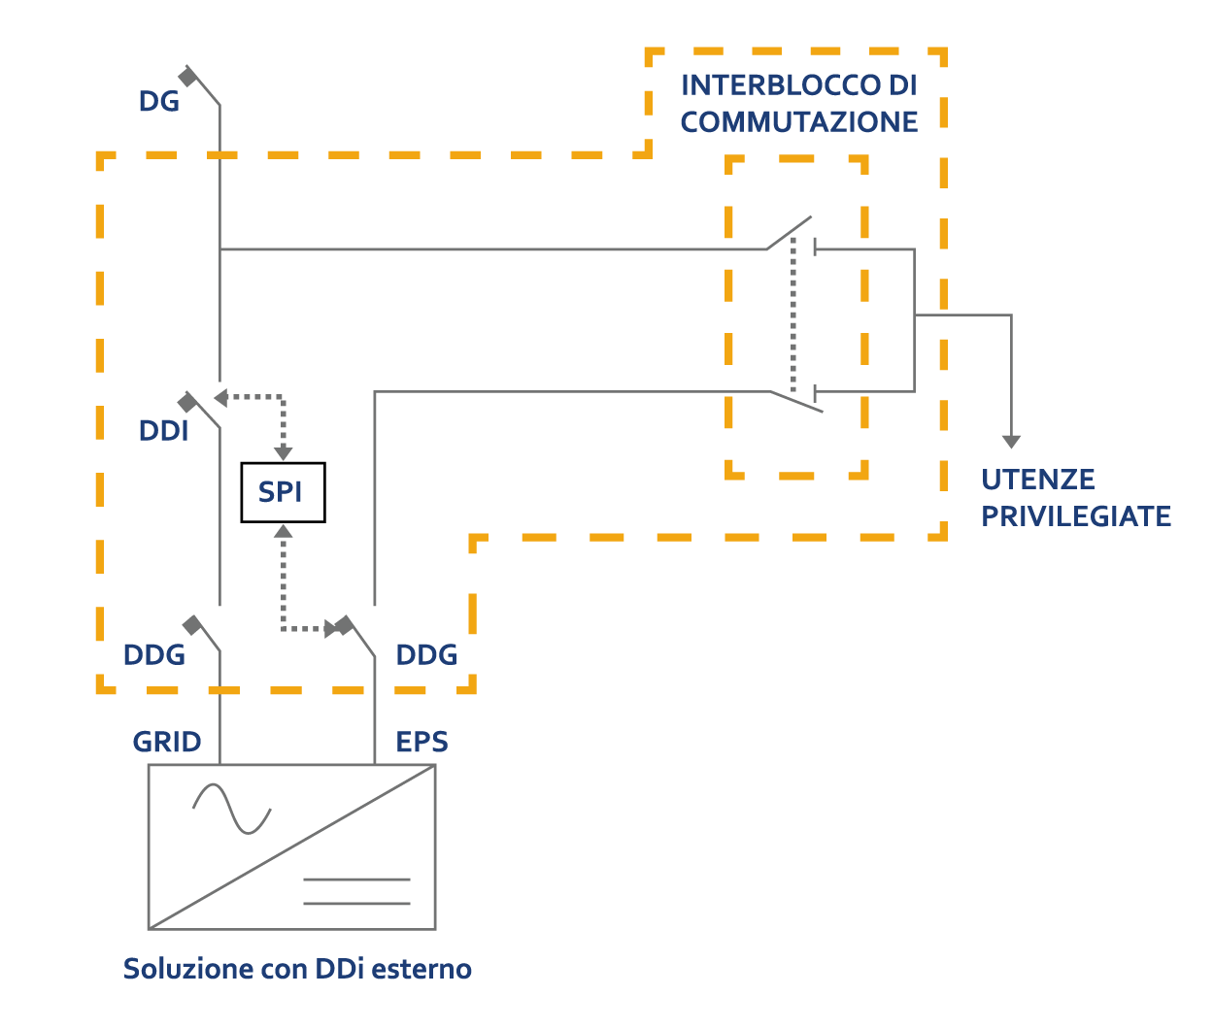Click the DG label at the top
[159, 101]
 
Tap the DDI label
[163, 430]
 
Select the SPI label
[280, 492]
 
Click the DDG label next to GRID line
[153, 655]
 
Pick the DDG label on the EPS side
[426, 655]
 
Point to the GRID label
[167, 743]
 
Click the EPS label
[422, 743]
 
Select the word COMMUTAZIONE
[799, 122]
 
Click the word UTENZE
[1038, 480]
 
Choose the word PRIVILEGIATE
[1076, 516]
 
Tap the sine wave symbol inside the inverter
[232, 809]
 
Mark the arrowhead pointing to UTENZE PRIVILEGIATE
[1011, 442]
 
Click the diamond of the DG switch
[187, 77]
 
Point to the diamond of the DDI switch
[187, 402]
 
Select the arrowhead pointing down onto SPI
[283, 453]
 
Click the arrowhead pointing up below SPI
[283, 530]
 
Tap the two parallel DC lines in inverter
[356, 891]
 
